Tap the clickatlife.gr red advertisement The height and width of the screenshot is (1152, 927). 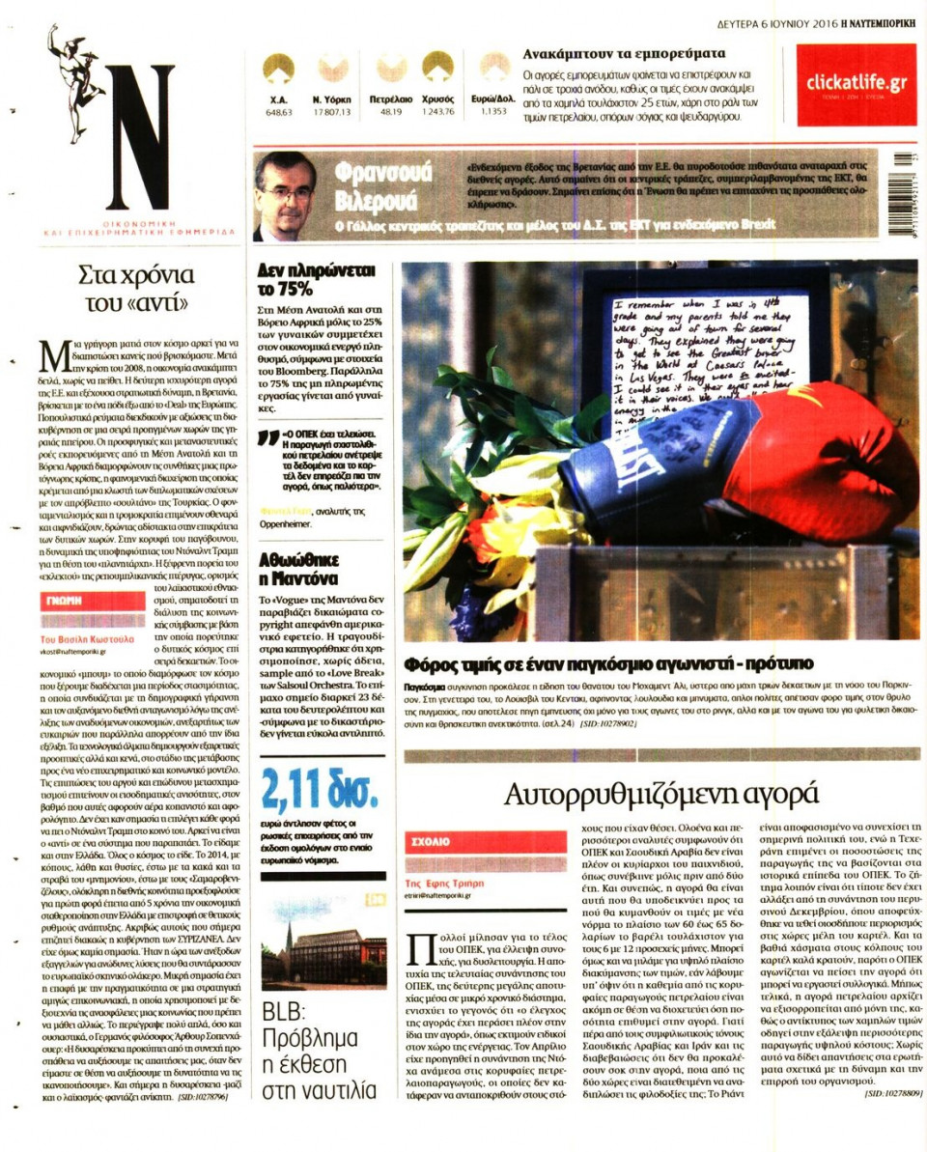(857, 84)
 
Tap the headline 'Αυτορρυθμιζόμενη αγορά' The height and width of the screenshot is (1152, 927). (661, 794)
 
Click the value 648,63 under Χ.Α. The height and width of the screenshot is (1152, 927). (279, 112)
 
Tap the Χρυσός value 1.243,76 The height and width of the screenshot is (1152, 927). (437, 112)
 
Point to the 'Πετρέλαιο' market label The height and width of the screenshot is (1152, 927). (391, 99)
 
